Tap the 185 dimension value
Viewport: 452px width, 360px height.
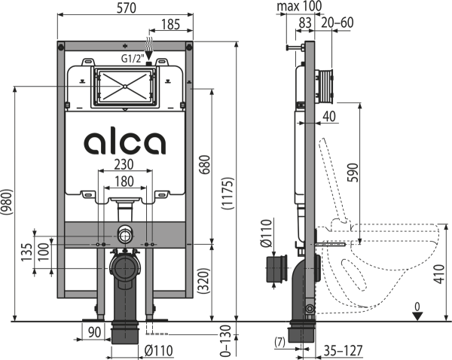[172, 26]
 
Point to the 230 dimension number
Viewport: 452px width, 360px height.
[125, 166]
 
